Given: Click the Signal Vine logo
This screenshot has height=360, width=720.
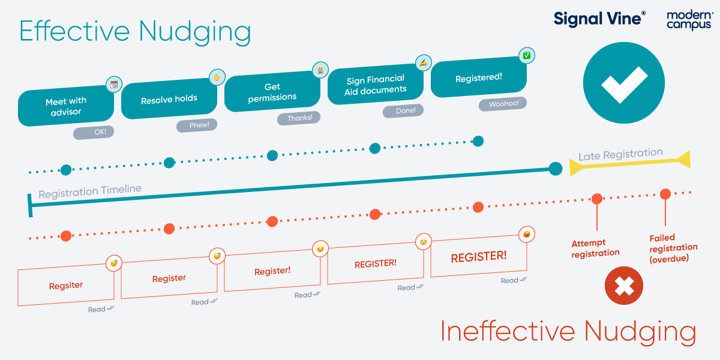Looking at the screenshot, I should pyautogui.click(x=599, y=19).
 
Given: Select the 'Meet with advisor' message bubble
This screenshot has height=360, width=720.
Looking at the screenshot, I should pyautogui.click(x=66, y=107).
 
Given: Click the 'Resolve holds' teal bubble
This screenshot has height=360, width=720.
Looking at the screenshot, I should pyautogui.click(x=169, y=100).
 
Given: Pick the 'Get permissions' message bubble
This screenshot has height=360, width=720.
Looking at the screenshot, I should pyautogui.click(x=272, y=92).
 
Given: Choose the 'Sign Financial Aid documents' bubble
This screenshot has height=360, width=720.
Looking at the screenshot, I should pyautogui.click(x=376, y=85).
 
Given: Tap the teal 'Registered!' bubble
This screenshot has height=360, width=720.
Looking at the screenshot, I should pyautogui.click(x=479, y=78).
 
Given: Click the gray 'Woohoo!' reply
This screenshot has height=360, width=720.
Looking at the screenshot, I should pyautogui.click(x=503, y=104).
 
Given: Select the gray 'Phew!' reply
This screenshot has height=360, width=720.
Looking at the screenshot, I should pyautogui.click(x=196, y=125).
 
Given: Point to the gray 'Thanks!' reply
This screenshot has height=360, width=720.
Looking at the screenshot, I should pyautogui.click(x=299, y=118).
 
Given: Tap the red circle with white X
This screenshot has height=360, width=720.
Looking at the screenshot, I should pyautogui.click(x=624, y=286).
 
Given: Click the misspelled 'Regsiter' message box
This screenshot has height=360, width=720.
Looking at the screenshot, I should pyautogui.click(x=66, y=286).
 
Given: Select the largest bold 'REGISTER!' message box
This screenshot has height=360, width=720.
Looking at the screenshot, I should pyautogui.click(x=479, y=256).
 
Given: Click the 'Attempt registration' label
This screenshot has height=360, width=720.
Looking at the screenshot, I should pyautogui.click(x=595, y=248).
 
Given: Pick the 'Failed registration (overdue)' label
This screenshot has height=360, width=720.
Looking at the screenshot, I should pyautogui.click(x=673, y=248).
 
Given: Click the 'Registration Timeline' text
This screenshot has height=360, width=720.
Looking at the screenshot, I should pyautogui.click(x=90, y=191).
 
